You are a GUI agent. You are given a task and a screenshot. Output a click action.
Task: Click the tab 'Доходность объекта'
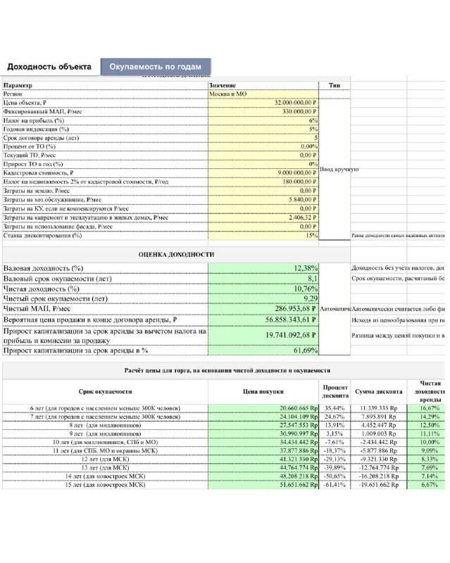click(49, 67)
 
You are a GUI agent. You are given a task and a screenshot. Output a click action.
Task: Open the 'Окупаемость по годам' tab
click(156, 67)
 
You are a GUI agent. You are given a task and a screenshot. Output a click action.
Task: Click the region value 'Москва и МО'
click(227, 94)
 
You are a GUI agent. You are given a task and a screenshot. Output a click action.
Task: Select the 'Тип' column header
click(335, 85)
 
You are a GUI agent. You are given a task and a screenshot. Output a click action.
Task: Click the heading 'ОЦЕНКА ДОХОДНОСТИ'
click(176, 254)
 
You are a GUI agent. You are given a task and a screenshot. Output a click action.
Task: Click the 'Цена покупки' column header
click(263, 392)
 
